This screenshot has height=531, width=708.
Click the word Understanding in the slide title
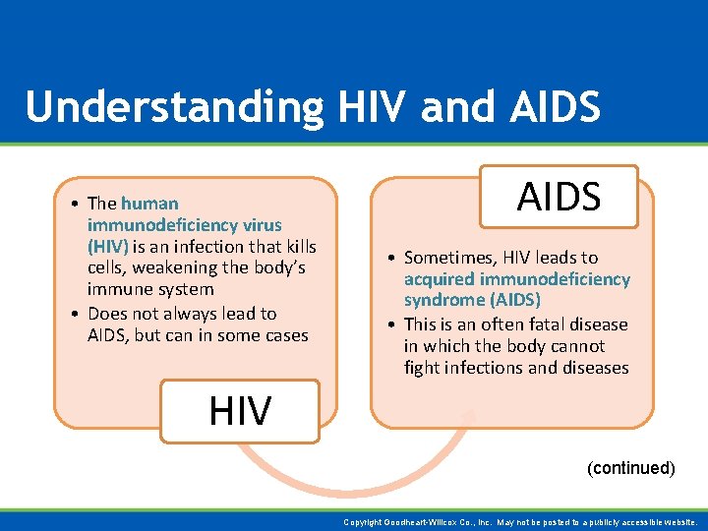pyautogui.click(x=174, y=107)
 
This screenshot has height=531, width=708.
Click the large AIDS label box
pyautogui.click(x=559, y=197)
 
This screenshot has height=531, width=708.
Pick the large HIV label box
pyautogui.click(x=240, y=410)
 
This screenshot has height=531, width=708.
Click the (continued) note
pyautogui.click(x=630, y=468)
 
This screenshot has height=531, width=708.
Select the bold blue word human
pyautogui.click(x=149, y=204)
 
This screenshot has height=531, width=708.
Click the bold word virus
pyautogui.click(x=263, y=225)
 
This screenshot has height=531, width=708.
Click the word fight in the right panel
pyautogui.click(x=423, y=368)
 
